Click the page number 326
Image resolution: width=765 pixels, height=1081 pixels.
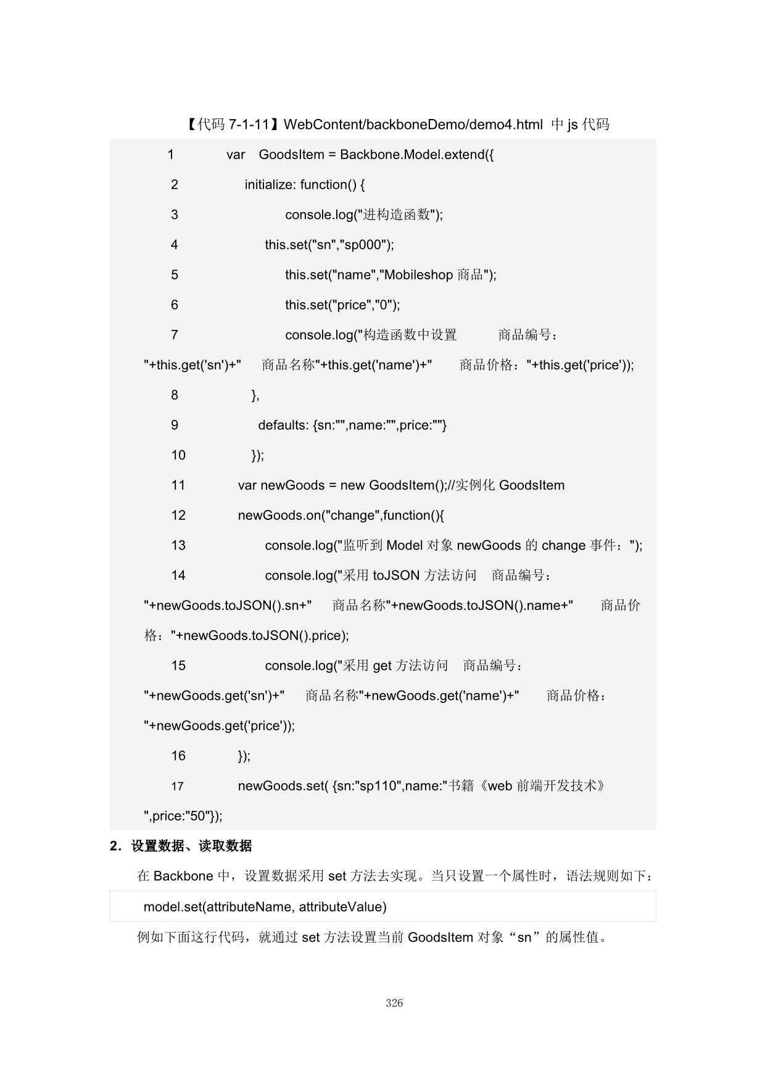point(394,1003)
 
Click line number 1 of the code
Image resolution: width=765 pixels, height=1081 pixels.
point(171,155)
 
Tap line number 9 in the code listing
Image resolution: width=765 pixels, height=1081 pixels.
point(175,425)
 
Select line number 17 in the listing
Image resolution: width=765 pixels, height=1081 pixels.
point(177,787)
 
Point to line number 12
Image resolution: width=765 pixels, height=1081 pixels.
point(178,516)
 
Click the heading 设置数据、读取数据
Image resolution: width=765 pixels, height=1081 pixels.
point(191,846)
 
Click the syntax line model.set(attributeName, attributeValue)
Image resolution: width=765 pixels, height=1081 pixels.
point(265,907)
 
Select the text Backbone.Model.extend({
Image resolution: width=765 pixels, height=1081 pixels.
point(416,155)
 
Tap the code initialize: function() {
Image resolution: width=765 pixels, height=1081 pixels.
point(305,185)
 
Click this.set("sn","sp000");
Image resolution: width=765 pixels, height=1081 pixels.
point(329,245)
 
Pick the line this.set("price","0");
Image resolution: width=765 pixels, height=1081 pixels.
point(342,305)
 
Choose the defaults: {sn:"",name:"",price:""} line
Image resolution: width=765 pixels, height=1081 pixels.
point(352,425)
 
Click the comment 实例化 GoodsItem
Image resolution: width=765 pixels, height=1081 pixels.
point(510,486)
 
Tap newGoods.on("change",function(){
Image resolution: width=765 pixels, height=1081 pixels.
point(341,516)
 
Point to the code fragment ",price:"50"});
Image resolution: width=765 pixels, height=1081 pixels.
point(183,816)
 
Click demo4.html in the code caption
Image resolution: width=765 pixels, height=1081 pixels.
point(506,125)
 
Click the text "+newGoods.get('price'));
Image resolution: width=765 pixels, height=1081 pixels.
point(220,726)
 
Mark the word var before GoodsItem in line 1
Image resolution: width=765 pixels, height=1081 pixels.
point(236,155)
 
